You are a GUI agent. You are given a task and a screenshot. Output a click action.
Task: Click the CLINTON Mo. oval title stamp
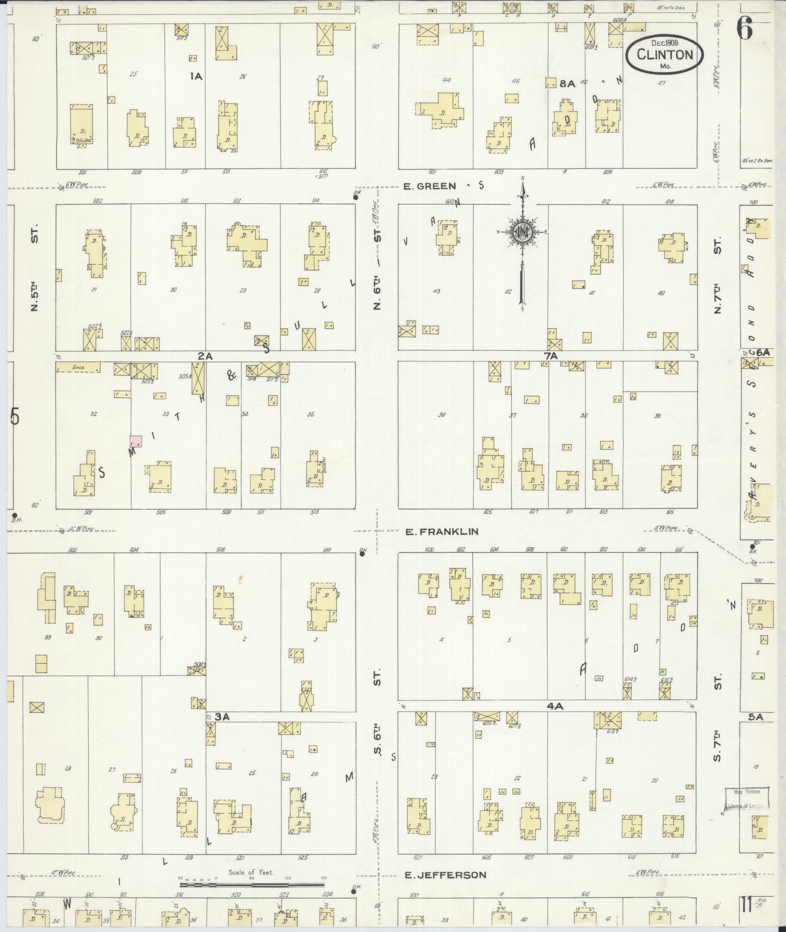[665, 55]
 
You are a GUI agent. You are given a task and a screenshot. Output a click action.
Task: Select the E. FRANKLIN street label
[441, 532]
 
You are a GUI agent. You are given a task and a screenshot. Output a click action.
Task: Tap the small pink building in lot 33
[136, 441]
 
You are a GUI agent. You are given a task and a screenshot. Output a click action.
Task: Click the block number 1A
[196, 76]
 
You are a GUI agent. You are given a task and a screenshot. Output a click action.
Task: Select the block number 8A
[567, 83]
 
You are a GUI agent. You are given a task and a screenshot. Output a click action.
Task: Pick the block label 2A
[205, 356]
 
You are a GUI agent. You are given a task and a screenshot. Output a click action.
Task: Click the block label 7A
[550, 356]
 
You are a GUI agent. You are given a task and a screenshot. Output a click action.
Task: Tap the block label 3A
[222, 717]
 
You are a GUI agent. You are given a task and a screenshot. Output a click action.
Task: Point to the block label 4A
[555, 706]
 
